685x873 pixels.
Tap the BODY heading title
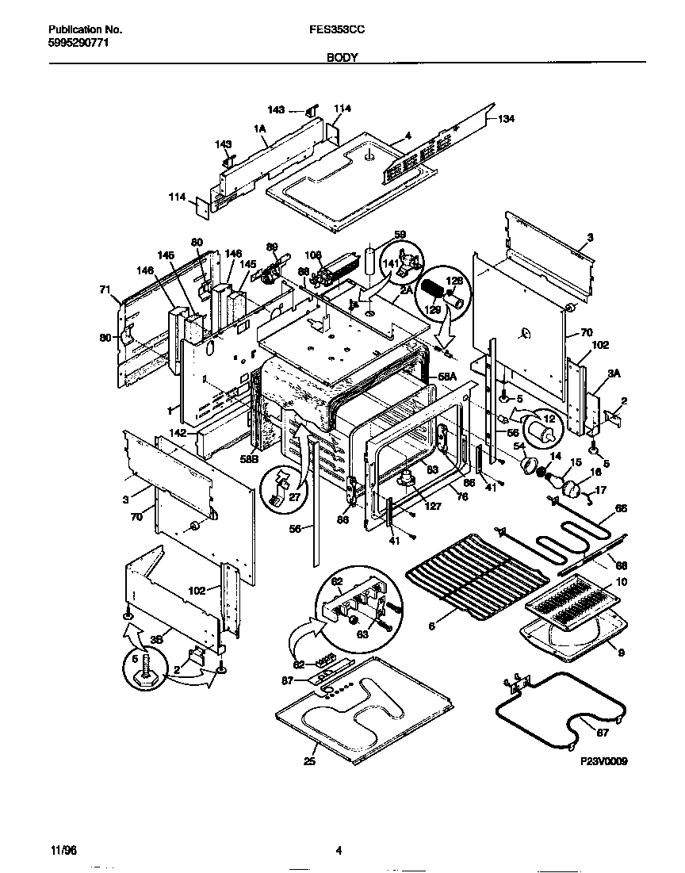click(x=342, y=58)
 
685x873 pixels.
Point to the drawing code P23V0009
click(x=603, y=761)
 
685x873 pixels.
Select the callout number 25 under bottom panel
click(x=309, y=763)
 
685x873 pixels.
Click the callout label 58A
click(x=449, y=378)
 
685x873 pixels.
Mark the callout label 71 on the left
click(x=105, y=290)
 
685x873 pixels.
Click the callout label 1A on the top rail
click(x=259, y=128)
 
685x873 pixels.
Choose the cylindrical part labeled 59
click(x=369, y=261)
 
